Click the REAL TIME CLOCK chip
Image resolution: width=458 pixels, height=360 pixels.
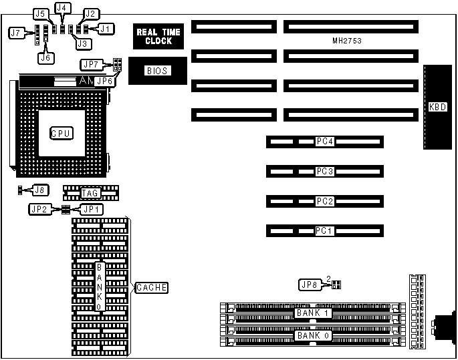[154, 36]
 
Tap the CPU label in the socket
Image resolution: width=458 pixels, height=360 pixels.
[62, 133]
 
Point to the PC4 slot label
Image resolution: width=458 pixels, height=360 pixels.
[325, 142]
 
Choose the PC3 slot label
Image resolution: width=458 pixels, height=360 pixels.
[325, 172]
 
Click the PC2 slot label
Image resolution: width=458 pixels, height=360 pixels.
[325, 201]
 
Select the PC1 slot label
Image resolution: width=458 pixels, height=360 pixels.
[325, 231]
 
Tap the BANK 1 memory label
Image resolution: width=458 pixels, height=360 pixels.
[313, 313]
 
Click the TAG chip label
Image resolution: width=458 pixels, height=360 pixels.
[90, 194]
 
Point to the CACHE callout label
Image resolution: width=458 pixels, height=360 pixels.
[151, 288]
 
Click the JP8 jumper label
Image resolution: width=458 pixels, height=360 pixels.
[309, 285]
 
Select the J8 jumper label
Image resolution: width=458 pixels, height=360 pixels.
[40, 190]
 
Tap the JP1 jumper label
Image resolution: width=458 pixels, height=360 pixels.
[91, 209]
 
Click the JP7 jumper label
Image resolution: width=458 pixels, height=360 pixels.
[90, 64]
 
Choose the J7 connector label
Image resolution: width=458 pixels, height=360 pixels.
[15, 32]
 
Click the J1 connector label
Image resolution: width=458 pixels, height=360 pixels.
[106, 28]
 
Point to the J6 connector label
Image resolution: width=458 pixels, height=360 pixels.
[45, 57]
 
